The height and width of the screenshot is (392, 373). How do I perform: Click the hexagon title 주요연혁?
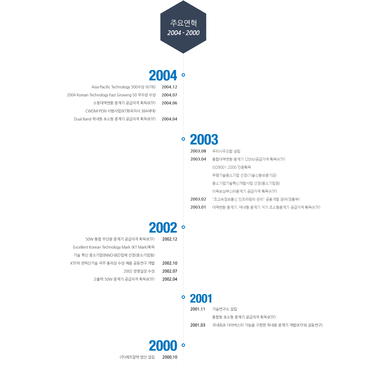tap(183, 23)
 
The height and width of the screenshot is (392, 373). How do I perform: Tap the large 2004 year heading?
tap(163, 75)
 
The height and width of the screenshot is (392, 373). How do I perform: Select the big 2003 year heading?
tap(204, 139)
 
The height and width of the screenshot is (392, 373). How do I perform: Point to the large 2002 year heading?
tap(163, 228)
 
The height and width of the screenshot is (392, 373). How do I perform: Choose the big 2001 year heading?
tap(201, 298)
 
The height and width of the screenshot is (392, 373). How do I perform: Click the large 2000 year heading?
tap(163, 346)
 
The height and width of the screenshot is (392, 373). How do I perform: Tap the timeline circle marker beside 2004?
tap(183, 75)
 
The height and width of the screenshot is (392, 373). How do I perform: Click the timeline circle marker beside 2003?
tap(183, 139)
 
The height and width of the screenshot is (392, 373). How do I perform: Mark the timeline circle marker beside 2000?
tap(183, 345)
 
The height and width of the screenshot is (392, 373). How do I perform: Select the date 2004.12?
tap(169, 87)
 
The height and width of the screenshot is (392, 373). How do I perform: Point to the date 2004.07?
tap(169, 95)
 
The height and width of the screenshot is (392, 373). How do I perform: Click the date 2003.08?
tap(198, 151)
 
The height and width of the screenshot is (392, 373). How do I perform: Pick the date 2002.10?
tap(170, 263)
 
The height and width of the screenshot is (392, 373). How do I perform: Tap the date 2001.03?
tap(198, 325)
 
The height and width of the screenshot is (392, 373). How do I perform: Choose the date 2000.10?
tap(170, 357)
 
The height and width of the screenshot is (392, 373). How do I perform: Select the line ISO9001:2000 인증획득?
tap(231, 167)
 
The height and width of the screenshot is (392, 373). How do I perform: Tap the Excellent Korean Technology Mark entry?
tap(114, 247)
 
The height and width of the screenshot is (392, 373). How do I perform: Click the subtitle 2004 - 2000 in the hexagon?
tap(183, 33)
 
